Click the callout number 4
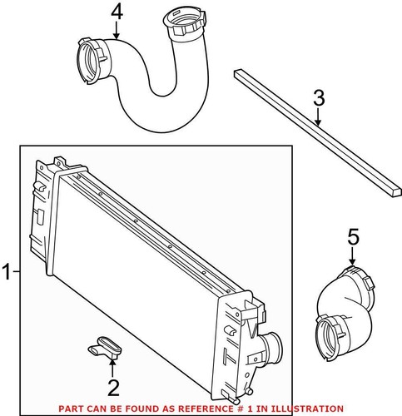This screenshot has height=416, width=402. (117, 12)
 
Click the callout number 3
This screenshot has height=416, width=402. (319, 98)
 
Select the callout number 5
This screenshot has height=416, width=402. (354, 237)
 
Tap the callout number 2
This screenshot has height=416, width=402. (113, 388)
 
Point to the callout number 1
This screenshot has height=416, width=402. (6, 271)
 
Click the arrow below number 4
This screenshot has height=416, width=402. (117, 30)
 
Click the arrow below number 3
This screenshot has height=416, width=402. (319, 116)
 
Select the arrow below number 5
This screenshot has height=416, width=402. (352, 255)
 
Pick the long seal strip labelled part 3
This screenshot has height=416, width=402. (317, 132)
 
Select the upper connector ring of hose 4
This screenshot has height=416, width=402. (185, 24)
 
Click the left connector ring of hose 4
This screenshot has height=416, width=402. (90, 62)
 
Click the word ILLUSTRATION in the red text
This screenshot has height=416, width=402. (307, 409)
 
